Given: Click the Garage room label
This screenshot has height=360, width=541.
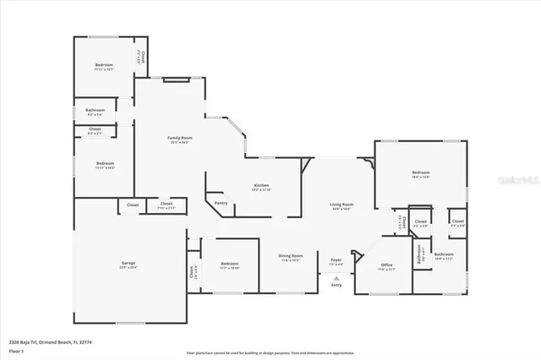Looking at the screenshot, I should [128, 263].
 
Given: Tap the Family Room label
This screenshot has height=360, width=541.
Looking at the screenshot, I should [179, 138].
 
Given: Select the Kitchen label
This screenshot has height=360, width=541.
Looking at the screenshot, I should [262, 185].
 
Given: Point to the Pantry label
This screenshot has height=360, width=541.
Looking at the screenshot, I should [221, 203].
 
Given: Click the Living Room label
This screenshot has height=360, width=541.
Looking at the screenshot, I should [341, 205].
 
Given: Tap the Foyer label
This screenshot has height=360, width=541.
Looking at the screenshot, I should [336, 260].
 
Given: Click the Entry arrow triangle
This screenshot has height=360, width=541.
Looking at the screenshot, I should [336, 277].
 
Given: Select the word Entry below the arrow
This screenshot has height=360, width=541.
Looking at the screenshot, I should [336, 286].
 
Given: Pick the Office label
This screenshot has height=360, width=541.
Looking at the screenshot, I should [386, 265].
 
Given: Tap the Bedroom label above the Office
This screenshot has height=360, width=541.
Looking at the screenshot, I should [420, 172].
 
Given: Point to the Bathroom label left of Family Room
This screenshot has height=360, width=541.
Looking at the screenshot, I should [95, 110].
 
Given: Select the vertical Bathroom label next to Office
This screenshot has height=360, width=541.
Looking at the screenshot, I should [418, 254].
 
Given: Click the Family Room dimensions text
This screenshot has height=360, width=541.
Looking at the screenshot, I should [179, 143].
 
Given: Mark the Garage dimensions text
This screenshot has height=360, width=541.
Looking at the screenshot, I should [128, 268].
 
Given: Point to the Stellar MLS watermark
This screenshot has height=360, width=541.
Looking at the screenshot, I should [510, 180].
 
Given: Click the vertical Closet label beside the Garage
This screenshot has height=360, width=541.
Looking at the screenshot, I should [192, 272].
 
